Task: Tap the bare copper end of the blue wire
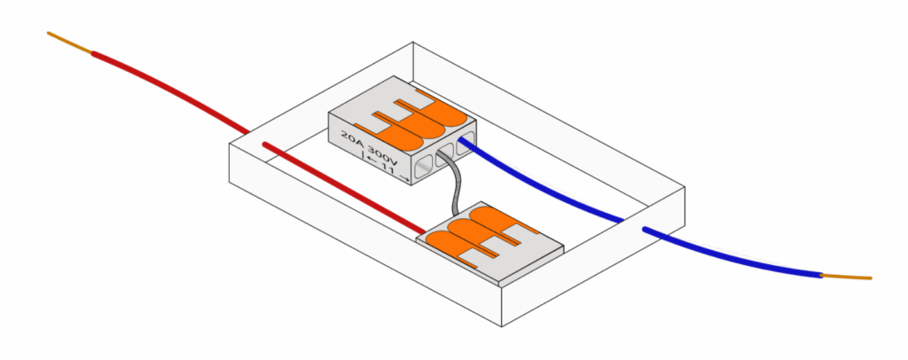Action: click(847, 277)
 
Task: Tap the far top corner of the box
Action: click(413, 42)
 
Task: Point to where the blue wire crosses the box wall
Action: click(631, 223)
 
